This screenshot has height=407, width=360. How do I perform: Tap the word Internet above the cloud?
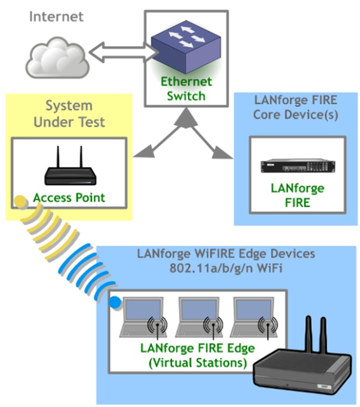coord(56,16)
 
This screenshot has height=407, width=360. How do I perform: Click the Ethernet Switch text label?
coord(186,89)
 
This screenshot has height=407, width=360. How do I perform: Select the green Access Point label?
coord(69,198)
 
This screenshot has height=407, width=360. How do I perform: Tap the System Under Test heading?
coord(69,114)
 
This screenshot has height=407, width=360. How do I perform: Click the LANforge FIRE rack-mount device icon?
coord(297,166)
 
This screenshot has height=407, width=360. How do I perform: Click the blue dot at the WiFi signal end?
coord(115,303)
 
